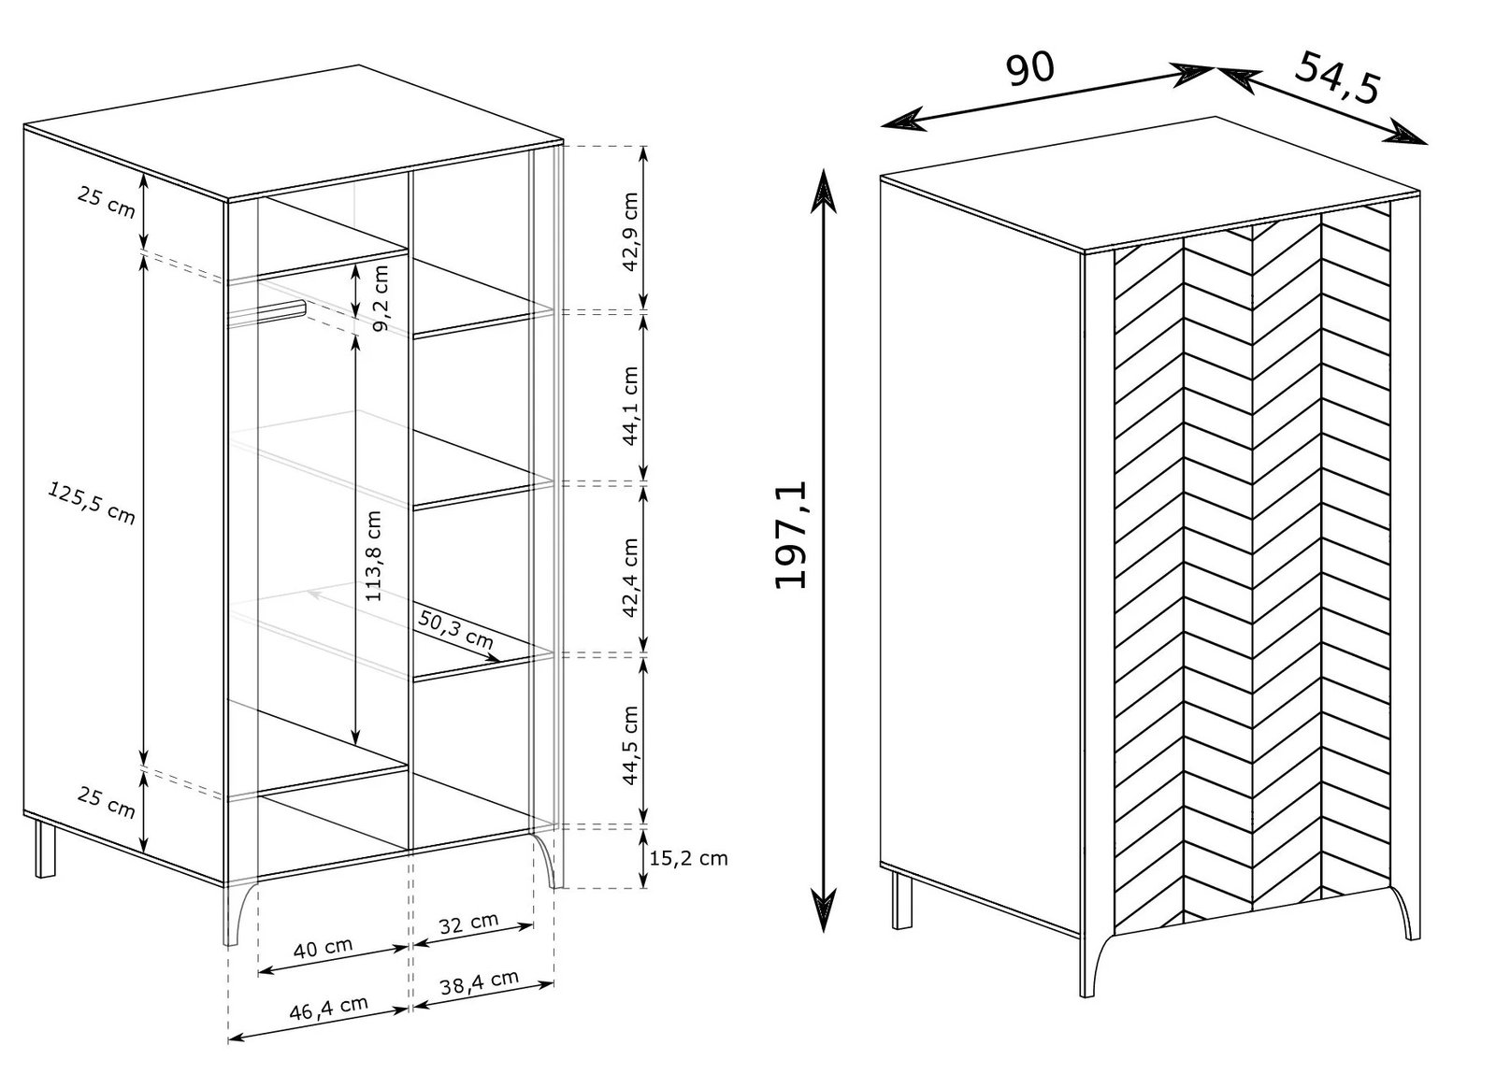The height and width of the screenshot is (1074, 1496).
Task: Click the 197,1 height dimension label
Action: coord(791,535)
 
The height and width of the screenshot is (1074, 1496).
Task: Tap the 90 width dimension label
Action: coord(1029,69)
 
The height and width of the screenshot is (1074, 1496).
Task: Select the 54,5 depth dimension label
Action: coord(1338,79)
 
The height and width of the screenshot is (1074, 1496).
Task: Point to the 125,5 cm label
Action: coord(92,503)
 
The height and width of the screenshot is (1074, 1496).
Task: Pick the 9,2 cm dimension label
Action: coord(380,298)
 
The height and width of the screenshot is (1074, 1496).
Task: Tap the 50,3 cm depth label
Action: coord(456,629)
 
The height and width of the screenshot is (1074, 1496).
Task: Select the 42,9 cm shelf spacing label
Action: coord(630,232)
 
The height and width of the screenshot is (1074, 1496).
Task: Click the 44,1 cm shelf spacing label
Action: coord(630,405)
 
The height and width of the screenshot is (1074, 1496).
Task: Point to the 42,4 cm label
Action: coord(630,578)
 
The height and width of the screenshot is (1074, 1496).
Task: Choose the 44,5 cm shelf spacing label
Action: coord(630,745)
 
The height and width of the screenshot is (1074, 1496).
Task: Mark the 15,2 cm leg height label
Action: coord(688,858)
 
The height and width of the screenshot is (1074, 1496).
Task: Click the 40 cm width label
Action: coord(323,947)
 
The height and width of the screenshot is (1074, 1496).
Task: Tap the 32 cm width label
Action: coord(468,924)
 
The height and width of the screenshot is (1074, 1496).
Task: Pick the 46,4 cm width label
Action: coord(328,1008)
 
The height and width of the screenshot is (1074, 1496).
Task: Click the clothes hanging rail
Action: coord(266,315)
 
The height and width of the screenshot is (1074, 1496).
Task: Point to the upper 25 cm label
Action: coord(107,202)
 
